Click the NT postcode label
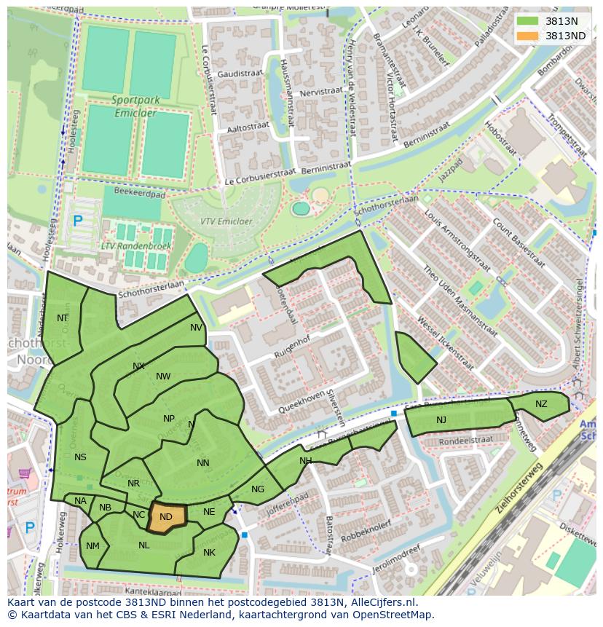(x=63, y=318)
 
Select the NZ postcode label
(x=541, y=404)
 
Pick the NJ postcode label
(x=441, y=420)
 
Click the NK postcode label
(x=209, y=553)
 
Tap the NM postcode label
(x=92, y=546)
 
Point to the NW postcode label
(x=163, y=376)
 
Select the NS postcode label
(x=80, y=457)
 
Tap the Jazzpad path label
(x=451, y=173)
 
